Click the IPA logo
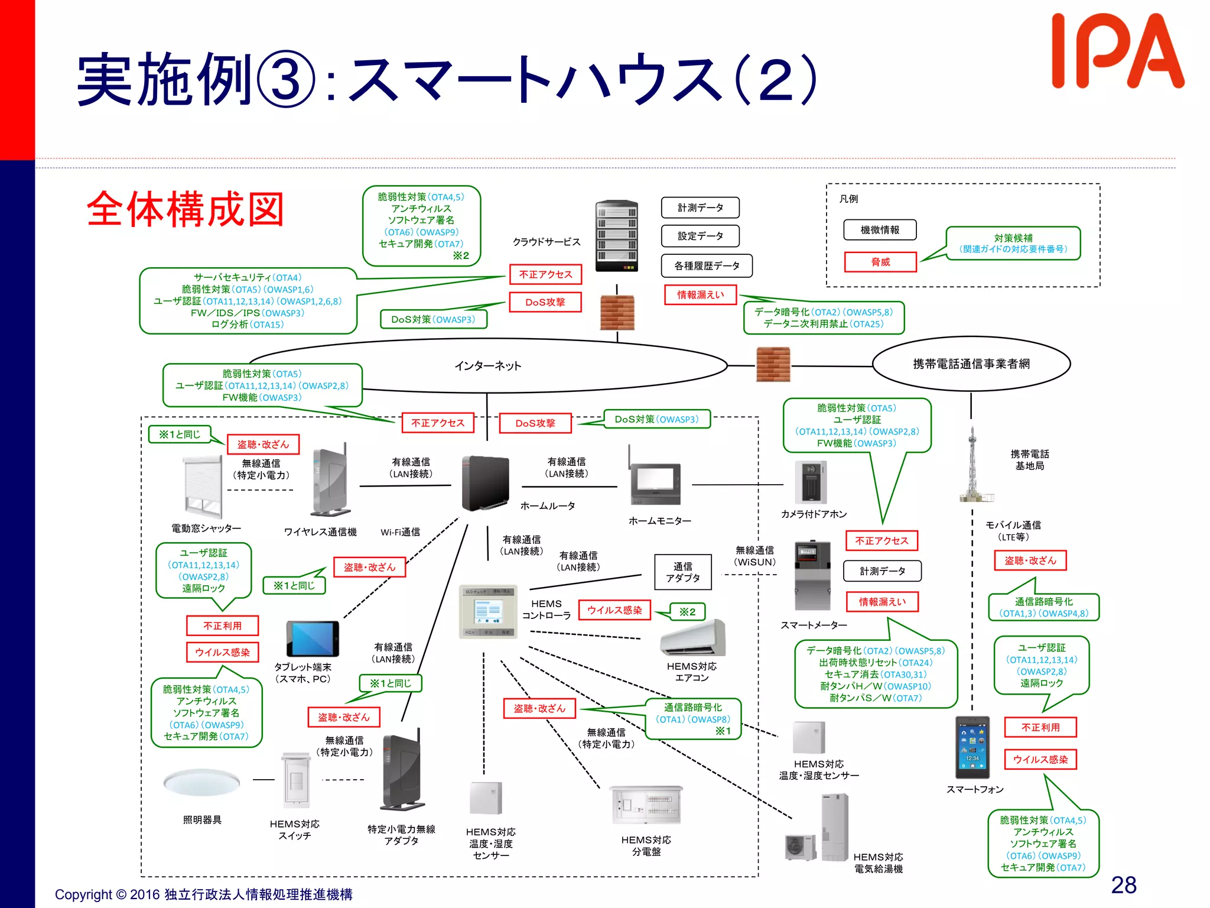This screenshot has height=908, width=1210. [x=1117, y=52]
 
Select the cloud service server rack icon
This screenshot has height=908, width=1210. [x=616, y=235]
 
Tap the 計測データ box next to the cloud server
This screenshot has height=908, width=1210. [x=700, y=207]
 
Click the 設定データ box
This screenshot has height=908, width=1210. [x=700, y=236]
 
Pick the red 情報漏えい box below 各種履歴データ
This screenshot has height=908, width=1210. [x=700, y=294]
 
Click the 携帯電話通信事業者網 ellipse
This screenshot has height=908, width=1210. [x=971, y=364]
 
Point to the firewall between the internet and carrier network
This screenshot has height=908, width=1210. [x=773, y=365]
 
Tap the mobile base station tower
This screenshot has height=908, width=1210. [x=972, y=467]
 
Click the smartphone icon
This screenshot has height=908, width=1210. [x=972, y=747]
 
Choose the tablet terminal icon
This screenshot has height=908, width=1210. [x=313, y=638]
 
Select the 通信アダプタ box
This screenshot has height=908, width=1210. [x=682, y=572]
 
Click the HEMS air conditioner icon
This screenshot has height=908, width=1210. [x=693, y=638]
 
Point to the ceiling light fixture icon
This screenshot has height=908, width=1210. [x=202, y=782]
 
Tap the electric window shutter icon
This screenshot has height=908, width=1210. [x=203, y=487]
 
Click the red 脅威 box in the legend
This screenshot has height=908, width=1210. [x=880, y=262]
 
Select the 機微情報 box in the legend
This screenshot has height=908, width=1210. [x=880, y=230]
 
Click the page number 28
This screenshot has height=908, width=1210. [x=1123, y=885]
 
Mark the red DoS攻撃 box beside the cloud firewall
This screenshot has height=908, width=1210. [x=545, y=302]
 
